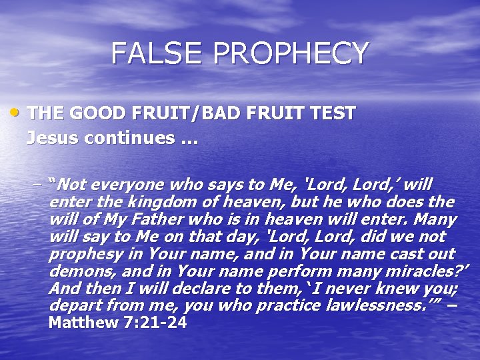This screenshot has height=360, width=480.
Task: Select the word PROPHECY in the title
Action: click(287, 53)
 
